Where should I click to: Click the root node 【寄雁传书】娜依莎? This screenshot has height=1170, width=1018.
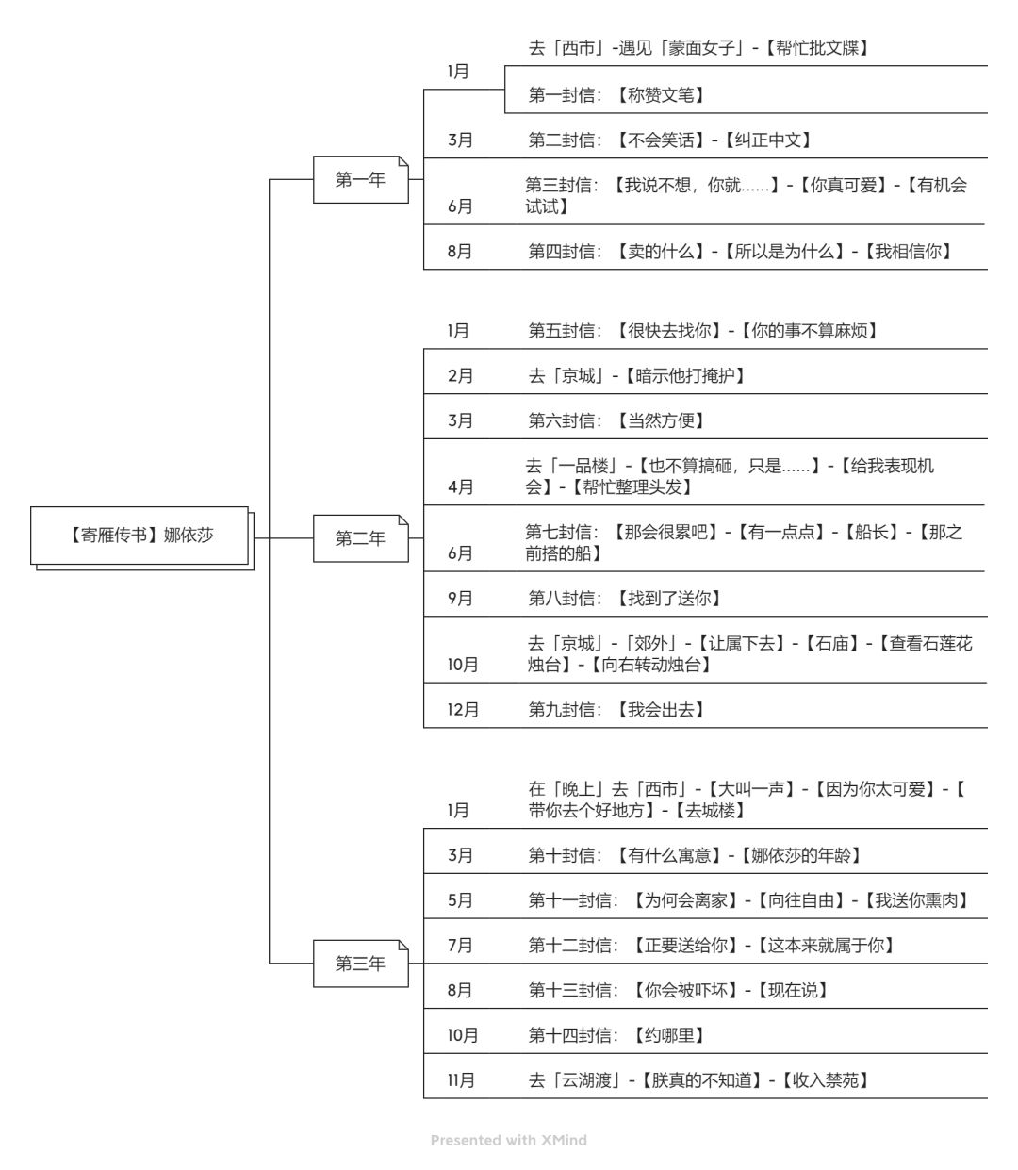pyautogui.click(x=140, y=536)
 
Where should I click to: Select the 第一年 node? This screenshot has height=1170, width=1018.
pyautogui.click(x=360, y=179)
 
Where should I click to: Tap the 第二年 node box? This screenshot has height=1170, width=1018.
pyautogui.click(x=360, y=538)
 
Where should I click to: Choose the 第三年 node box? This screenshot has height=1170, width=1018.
pyautogui.click(x=360, y=964)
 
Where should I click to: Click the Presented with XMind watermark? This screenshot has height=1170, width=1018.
pyautogui.click(x=508, y=1140)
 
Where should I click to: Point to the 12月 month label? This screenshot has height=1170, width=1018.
pyautogui.click(x=463, y=709)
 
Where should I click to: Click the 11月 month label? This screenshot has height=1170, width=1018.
pyautogui.click(x=461, y=1080)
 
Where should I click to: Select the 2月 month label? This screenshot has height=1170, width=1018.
pyautogui.click(x=460, y=375)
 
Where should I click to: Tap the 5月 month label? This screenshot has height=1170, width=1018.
pyautogui.click(x=460, y=900)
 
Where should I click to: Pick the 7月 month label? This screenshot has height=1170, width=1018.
pyautogui.click(x=460, y=945)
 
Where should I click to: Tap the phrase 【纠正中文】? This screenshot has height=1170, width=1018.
pyautogui.click(x=768, y=140)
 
